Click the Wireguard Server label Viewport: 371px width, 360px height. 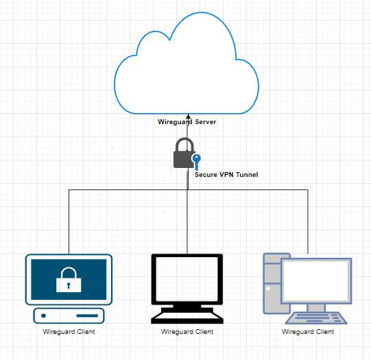187,122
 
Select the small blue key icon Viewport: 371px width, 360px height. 196,162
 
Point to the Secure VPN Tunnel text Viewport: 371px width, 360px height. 226,175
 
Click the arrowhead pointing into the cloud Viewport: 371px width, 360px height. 188,117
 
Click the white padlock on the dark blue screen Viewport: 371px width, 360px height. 69,280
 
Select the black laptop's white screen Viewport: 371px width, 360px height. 187,279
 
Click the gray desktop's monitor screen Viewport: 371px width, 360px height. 316,280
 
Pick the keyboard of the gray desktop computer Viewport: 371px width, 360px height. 316,318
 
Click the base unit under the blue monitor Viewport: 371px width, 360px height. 69,315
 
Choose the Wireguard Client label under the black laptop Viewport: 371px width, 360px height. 187,332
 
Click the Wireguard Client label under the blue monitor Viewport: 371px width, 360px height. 69,332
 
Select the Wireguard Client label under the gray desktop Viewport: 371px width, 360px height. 308,332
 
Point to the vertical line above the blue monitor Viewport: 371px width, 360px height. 69,221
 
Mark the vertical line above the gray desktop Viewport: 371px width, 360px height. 308,221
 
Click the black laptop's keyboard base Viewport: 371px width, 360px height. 187,317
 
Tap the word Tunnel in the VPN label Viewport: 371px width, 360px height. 247,175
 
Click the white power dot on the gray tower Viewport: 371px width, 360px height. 268,289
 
